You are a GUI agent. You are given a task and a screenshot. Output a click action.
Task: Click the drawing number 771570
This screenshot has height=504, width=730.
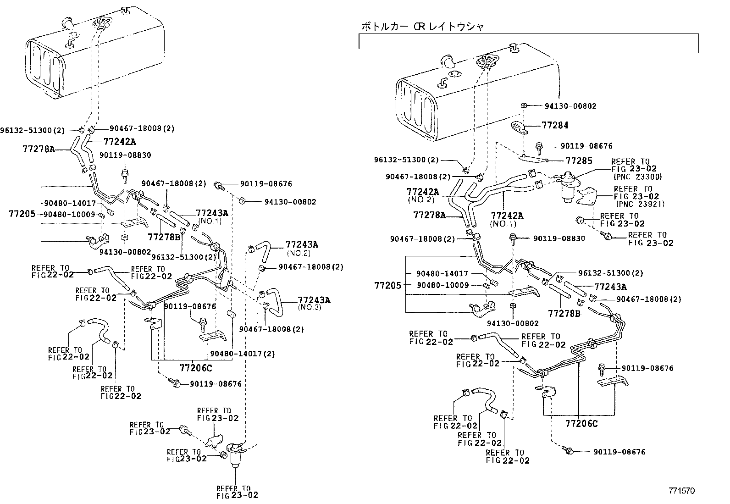pyautogui.click(x=681, y=491)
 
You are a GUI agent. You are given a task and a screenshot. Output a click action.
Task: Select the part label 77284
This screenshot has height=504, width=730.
pyautogui.click(x=555, y=125)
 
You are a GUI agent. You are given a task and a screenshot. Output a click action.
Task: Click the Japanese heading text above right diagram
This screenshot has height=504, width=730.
pyautogui.click(x=422, y=27)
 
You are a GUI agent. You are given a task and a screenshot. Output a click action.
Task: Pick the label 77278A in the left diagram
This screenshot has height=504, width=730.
pyautogui.click(x=39, y=149)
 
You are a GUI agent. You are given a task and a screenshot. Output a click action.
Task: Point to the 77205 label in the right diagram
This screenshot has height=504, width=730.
pyautogui.click(x=388, y=285)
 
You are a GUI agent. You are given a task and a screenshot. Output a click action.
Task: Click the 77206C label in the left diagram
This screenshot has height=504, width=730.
pyautogui.click(x=196, y=367)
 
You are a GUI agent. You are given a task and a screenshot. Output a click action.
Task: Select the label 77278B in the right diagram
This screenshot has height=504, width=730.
pyautogui.click(x=564, y=313)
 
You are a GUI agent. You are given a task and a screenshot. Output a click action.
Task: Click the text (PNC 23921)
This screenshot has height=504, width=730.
pyautogui.click(x=641, y=204)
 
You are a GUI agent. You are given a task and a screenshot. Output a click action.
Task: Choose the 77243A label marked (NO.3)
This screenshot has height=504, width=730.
pyautogui.click(x=314, y=300)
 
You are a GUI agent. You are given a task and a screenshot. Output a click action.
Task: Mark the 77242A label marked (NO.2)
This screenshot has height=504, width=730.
pyautogui.click(x=422, y=192)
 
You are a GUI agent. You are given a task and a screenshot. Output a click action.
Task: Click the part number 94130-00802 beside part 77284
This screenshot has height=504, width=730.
pyautogui.click(x=570, y=106)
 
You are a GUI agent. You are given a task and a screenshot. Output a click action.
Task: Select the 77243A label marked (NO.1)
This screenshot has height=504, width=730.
pyautogui.click(x=212, y=213)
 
